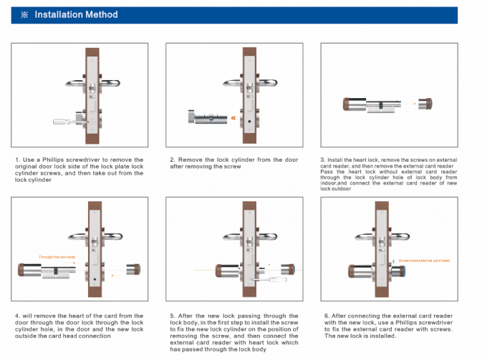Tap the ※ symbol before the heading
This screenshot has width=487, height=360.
tap(24, 14)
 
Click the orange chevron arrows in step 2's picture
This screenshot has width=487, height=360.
tap(232, 117)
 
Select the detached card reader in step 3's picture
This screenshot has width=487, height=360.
tap(422, 103)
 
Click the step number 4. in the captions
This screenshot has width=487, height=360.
tap(17, 315)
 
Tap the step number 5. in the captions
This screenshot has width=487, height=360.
tap(172, 315)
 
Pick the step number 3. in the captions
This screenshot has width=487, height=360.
tap(322, 159)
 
